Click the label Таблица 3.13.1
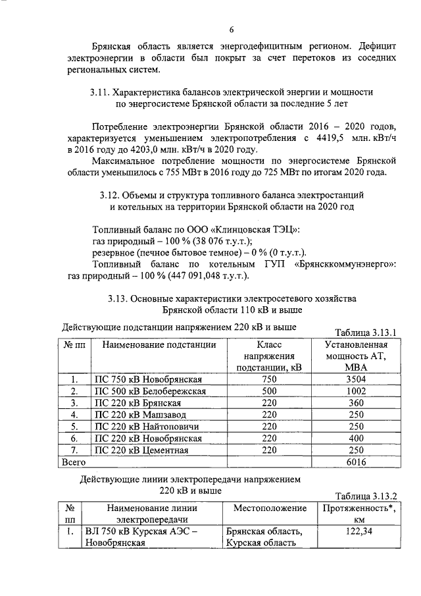click(x=366, y=333)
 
